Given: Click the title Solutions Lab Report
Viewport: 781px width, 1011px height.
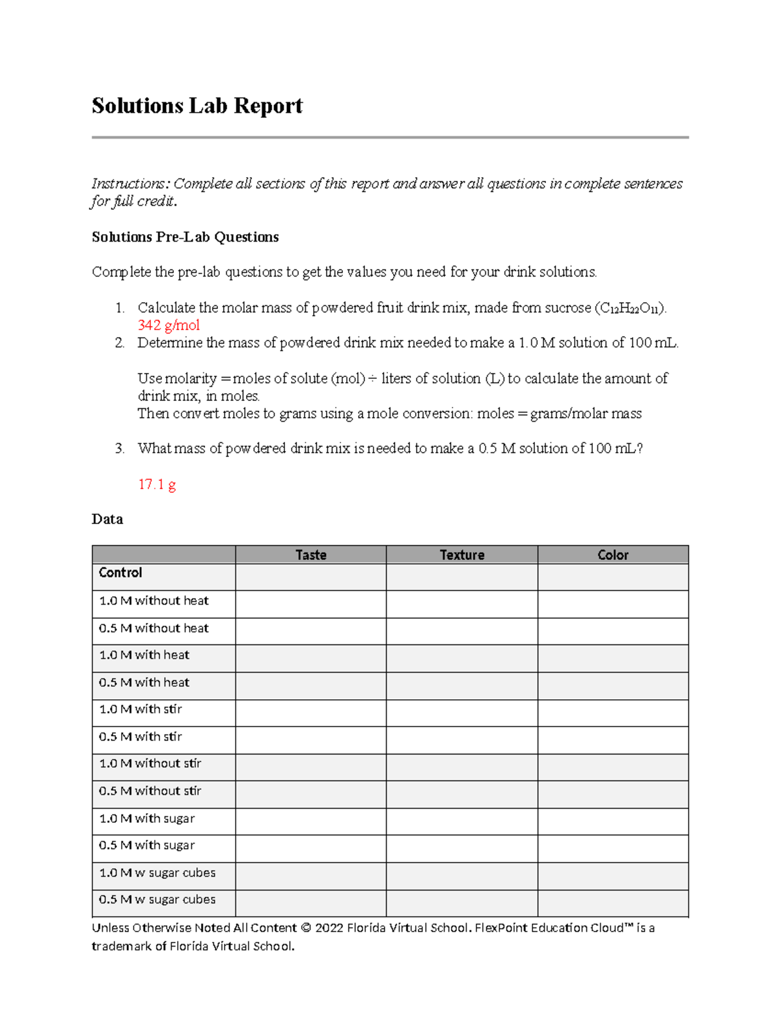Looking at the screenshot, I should click(197, 105).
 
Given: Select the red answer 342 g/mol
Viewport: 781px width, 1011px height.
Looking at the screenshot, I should click(169, 325).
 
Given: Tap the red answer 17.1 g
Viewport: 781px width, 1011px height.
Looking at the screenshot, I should click(157, 484).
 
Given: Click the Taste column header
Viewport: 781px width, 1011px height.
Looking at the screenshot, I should click(310, 555).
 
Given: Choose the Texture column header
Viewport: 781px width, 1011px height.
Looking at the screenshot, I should click(461, 555).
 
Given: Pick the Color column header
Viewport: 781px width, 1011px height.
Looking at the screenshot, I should click(612, 555).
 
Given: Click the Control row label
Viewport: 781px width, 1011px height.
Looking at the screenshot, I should click(120, 573).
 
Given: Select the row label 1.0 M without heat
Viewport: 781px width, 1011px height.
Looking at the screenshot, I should click(154, 601).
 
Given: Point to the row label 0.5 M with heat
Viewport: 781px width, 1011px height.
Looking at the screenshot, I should click(144, 682).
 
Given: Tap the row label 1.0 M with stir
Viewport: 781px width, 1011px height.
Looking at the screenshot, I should click(140, 709).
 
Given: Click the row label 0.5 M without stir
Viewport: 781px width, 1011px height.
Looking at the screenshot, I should click(150, 791).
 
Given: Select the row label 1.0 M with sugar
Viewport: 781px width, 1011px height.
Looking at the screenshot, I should click(146, 818).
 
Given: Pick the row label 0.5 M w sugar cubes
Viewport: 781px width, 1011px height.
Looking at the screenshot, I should click(157, 899).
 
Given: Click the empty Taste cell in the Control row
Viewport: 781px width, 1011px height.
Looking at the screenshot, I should click(310, 577).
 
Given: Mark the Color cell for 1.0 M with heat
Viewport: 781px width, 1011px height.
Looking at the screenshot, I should click(612, 658).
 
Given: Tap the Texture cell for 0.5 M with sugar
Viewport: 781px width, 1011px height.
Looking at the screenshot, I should click(461, 848).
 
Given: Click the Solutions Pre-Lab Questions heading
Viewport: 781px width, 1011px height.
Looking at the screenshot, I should click(185, 237).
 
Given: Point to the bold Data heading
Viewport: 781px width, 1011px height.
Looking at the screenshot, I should click(107, 519).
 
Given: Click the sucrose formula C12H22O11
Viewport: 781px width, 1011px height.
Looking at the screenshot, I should click(629, 308).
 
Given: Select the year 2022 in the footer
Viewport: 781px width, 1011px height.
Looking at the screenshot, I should click(329, 928).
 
